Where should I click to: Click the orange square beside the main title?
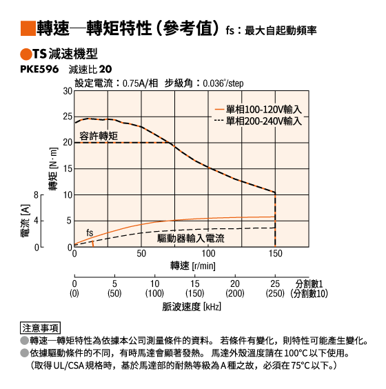click(28, 28)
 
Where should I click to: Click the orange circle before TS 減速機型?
click(26, 54)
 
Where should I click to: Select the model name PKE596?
click(39, 69)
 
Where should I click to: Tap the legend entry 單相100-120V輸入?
click(258, 110)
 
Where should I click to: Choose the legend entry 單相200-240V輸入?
click(258, 121)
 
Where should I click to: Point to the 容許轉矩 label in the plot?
click(99, 136)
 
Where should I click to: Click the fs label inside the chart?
click(90, 232)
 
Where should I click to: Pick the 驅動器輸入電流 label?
click(191, 239)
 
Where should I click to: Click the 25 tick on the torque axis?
click(68, 117)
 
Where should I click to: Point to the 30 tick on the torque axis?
click(68, 91)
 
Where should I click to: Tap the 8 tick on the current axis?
click(37, 195)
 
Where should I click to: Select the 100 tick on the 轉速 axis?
click(208, 254)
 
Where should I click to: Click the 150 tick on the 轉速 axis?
click(275, 254)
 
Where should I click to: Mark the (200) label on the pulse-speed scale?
click(235, 294)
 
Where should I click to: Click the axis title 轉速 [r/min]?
click(192, 266)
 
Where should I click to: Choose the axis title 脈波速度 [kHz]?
click(192, 307)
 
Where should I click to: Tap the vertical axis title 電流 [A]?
click(26, 221)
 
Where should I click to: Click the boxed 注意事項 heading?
click(40, 328)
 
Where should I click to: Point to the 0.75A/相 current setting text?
click(141, 83)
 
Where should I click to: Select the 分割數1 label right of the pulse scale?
click(309, 283)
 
